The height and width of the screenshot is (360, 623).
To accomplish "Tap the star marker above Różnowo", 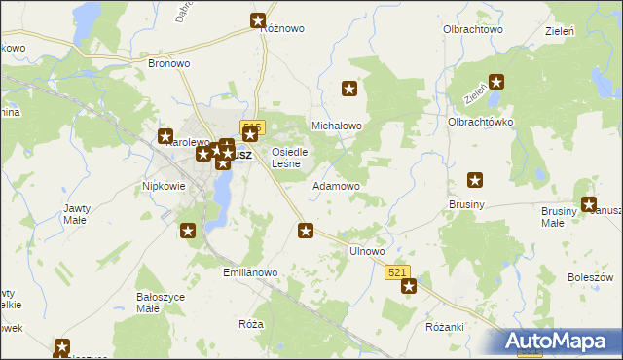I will [258, 20].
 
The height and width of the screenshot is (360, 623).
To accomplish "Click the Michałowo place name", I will [336, 126].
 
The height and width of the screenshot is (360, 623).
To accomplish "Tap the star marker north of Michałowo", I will [349, 90].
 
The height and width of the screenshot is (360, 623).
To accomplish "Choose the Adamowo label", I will [336, 185].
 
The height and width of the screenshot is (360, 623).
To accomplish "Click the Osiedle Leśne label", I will [290, 158].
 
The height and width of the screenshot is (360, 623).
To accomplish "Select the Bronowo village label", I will [168, 63].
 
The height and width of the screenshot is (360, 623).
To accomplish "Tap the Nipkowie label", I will [164, 185].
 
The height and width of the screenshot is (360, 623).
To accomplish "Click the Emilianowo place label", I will [251, 273].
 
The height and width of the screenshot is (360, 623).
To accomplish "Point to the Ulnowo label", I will [367, 251].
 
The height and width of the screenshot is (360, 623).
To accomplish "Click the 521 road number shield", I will [397, 273].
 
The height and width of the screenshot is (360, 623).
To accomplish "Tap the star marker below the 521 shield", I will [409, 286].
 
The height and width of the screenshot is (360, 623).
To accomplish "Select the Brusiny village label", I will [468, 205].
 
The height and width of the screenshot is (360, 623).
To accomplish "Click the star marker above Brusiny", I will [475, 180].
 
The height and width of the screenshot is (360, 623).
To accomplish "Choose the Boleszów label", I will [589, 277].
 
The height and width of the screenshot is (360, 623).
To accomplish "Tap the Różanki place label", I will [445, 327].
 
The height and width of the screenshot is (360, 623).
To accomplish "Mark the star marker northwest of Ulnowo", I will [306, 231].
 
